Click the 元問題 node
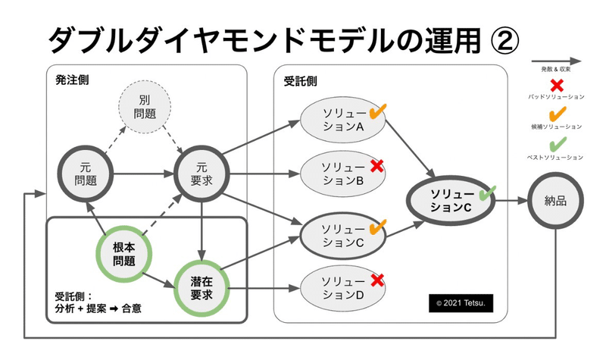point(86,174)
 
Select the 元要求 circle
point(201,174)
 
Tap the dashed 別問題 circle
point(145,107)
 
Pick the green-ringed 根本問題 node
point(124,254)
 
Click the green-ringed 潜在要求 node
point(201,288)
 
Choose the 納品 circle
point(555,201)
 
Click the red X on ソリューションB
point(376,166)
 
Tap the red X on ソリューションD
point(377,280)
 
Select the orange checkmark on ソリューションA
point(377,111)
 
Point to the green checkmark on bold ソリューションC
point(487,193)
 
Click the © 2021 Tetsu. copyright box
point(461,303)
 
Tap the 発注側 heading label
point(72,80)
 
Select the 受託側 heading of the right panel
point(300,81)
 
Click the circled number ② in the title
point(504,41)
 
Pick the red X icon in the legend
point(557,86)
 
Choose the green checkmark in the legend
point(558,144)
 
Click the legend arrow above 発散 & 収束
point(556,61)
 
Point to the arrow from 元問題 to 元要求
point(144,174)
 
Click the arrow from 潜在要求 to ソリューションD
point(264,288)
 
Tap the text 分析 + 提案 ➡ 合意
point(98,308)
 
